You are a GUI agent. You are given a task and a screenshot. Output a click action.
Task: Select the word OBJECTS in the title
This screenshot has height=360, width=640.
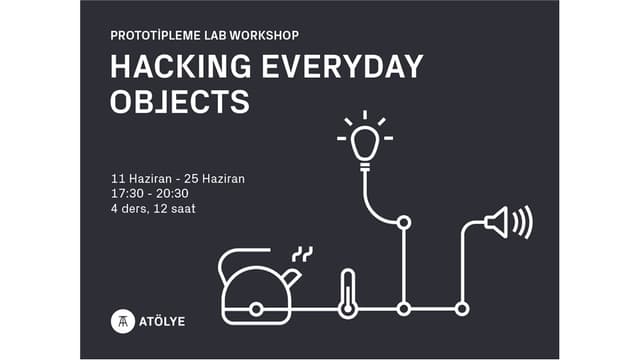179,101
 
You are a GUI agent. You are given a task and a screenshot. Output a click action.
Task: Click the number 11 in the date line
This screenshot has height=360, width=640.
117,178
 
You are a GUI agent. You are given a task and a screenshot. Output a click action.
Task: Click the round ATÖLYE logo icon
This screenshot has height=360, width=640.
121,321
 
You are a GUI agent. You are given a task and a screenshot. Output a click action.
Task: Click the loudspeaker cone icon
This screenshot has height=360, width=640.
497,221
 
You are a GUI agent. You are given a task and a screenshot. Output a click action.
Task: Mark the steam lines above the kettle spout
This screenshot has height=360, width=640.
301,253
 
